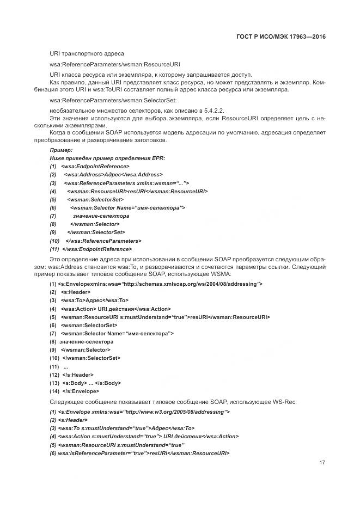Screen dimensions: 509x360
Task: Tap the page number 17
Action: click(x=322, y=463)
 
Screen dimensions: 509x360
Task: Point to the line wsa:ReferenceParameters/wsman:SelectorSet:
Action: click(x=113, y=100)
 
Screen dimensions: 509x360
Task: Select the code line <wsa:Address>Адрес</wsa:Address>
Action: click(x=113, y=175)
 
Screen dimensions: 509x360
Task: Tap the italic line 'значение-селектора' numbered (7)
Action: click(x=101, y=216)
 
